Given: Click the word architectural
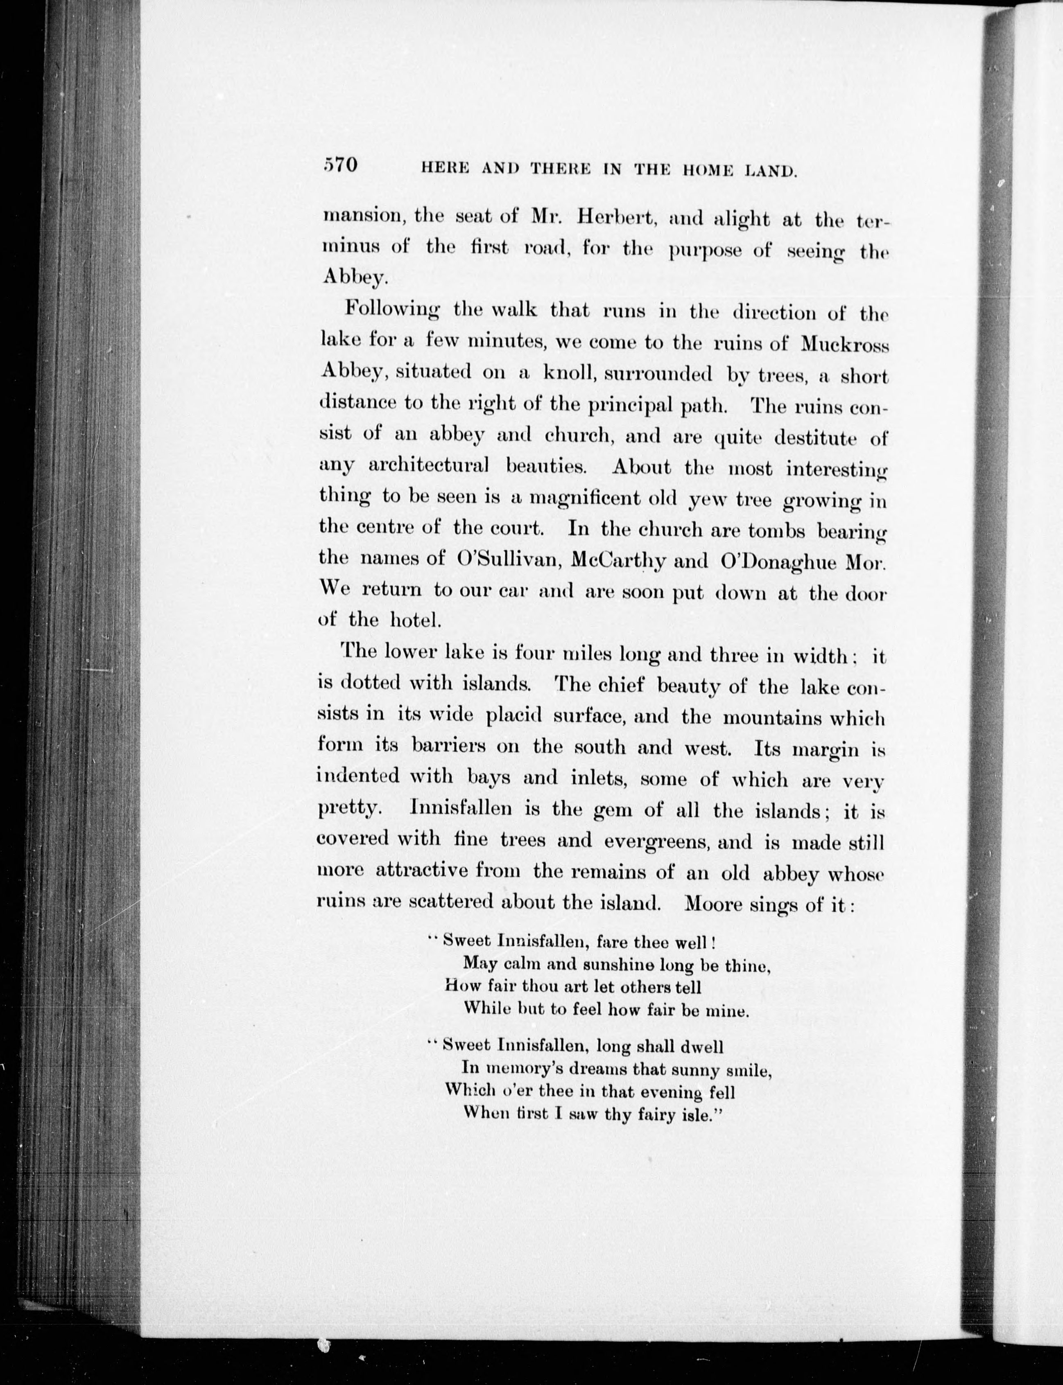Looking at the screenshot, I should click(x=428, y=466).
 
